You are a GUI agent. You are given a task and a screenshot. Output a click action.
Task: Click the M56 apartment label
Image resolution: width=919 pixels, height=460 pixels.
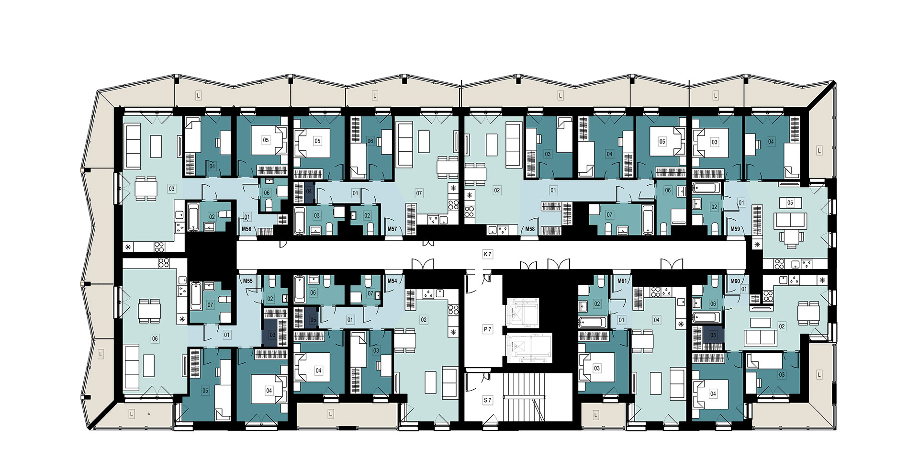click(247, 229)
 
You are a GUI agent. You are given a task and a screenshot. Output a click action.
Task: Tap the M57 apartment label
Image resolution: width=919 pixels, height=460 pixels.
click(392, 229)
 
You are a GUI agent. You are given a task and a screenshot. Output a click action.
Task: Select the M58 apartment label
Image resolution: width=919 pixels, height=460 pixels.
click(530, 229)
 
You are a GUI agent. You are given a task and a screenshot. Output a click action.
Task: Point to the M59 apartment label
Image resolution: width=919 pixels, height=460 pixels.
click(735, 229)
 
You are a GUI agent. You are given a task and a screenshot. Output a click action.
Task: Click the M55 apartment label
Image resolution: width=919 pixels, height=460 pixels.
click(247, 281)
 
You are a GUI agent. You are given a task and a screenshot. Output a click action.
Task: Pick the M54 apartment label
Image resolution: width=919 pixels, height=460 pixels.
click(392, 281)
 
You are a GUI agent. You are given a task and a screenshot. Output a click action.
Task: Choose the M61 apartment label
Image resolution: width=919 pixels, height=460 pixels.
click(622, 281)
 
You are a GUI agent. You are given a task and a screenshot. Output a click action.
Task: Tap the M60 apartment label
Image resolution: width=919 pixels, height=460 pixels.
click(735, 281)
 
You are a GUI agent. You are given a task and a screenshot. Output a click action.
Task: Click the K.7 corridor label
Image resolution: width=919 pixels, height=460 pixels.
click(487, 254)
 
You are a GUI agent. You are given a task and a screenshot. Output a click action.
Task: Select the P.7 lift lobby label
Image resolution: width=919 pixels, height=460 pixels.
click(487, 329)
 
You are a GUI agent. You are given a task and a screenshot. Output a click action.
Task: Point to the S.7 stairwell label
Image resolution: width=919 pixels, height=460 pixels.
click(487, 400)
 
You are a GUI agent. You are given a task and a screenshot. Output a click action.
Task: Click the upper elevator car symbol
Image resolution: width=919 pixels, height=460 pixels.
click(523, 313)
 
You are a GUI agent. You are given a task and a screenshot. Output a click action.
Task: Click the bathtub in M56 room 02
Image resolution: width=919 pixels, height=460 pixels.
click(193, 217)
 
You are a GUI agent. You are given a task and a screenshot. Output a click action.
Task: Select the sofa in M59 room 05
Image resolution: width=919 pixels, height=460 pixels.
click(790, 221)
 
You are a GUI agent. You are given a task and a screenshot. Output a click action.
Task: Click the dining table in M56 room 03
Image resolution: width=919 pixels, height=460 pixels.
click(146, 189)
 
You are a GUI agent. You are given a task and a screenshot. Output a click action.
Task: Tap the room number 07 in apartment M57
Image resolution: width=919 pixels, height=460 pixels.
click(419, 193)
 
